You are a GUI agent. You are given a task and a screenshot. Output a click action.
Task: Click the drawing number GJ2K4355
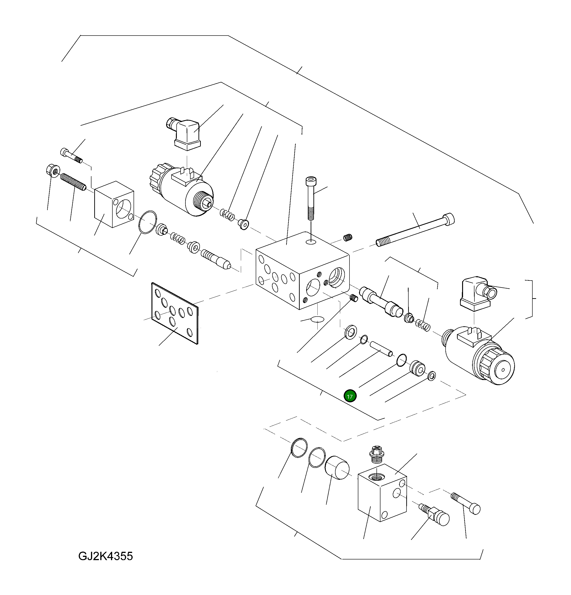pos(105,556)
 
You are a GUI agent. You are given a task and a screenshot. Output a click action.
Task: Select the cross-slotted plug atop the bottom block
pos(377,454)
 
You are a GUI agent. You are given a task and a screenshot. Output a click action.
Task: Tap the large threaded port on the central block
pos(337,277)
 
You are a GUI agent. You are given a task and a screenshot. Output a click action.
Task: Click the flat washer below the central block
pos(351,331)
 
